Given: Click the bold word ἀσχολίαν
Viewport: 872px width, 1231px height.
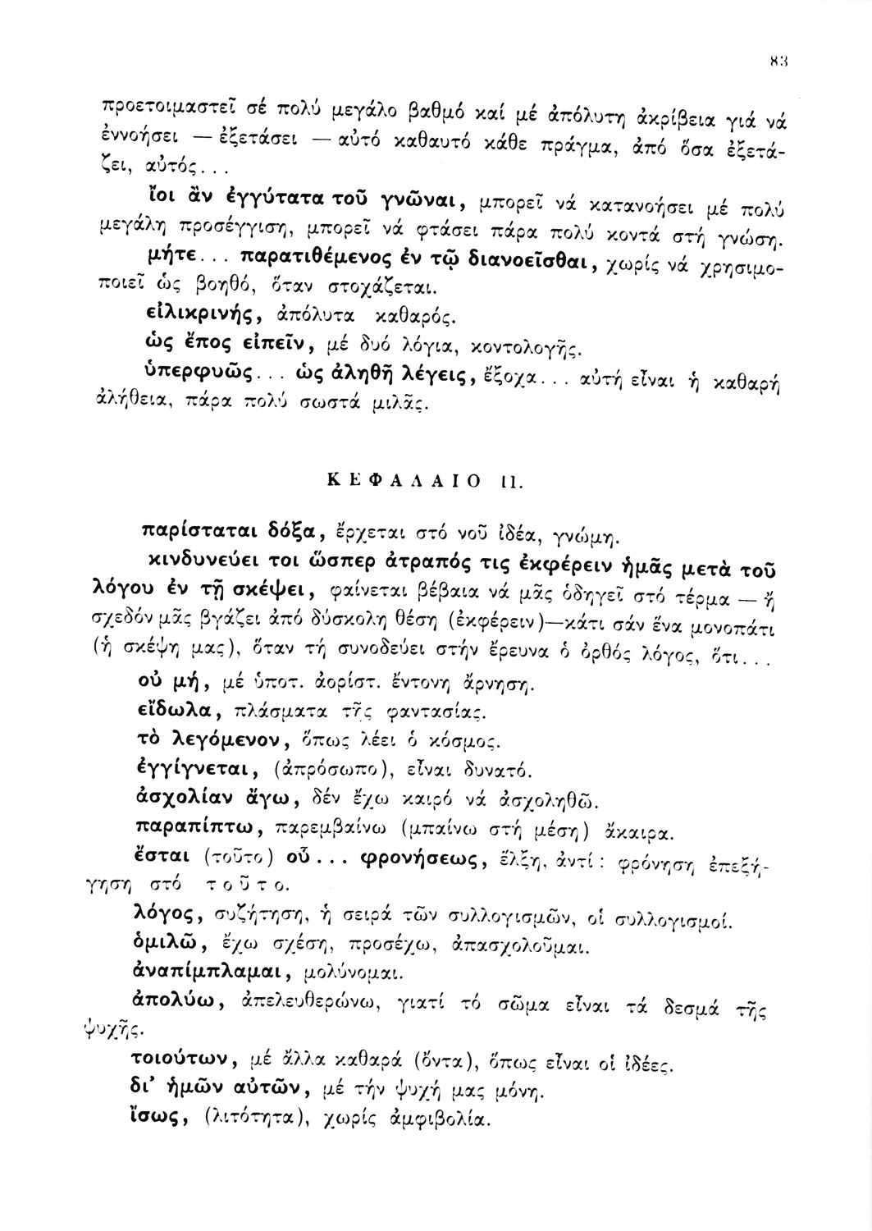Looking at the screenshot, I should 176,797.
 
